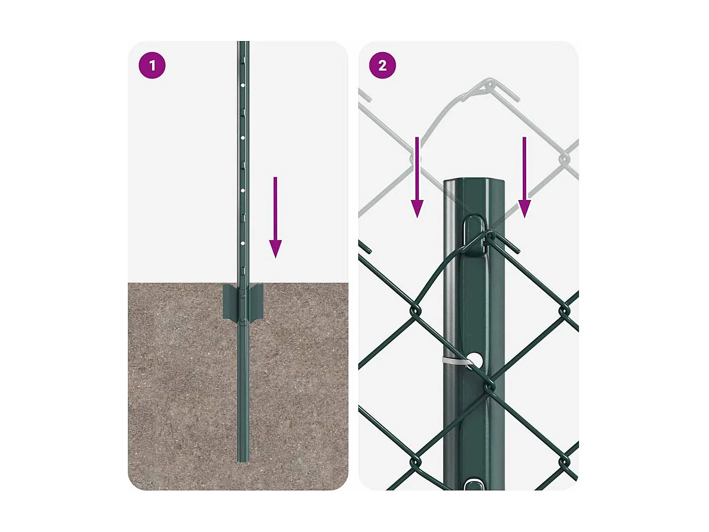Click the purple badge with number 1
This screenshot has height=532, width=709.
[x=152, y=65]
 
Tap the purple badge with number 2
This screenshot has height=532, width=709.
[x=382, y=65]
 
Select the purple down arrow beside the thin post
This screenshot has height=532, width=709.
[x=276, y=218]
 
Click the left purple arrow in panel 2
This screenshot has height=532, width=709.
[x=417, y=177]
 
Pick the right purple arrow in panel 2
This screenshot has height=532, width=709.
[x=524, y=177]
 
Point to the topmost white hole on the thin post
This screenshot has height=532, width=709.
[x=242, y=86]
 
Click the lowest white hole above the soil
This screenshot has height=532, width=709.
[x=242, y=243]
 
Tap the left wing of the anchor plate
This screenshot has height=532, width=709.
[x=230, y=301]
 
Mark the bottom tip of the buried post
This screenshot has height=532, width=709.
[x=243, y=460]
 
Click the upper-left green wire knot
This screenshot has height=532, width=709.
[x=415, y=311]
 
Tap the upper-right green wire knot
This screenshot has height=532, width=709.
[x=564, y=311]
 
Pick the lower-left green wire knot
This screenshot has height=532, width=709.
[x=415, y=462]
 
